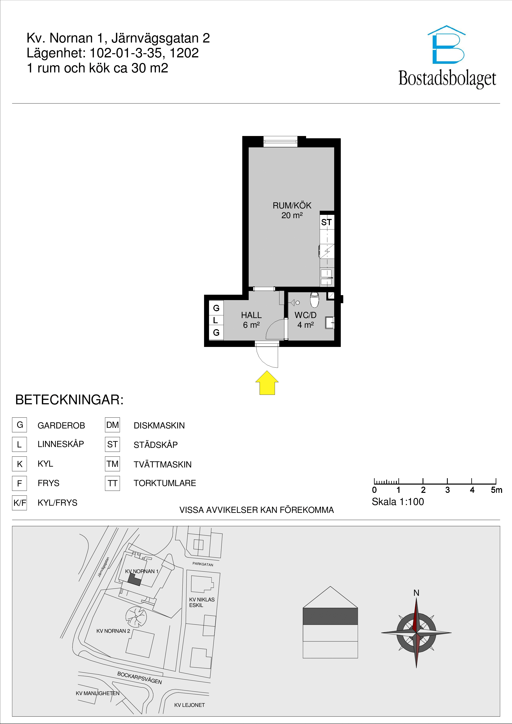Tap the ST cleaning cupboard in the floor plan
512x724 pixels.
(x=327, y=222)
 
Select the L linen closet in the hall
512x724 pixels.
(x=216, y=320)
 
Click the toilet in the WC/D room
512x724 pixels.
(x=315, y=299)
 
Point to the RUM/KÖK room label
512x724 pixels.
(x=292, y=206)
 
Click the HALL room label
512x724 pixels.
(x=251, y=315)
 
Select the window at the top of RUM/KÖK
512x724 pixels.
(x=280, y=141)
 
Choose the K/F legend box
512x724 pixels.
(x=20, y=503)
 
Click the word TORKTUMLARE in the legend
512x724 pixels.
(x=165, y=483)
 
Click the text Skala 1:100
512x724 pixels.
(x=398, y=502)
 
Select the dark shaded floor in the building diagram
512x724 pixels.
(x=330, y=616)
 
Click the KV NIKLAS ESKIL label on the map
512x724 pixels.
(x=202, y=602)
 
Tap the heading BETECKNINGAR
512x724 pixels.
(x=69, y=400)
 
